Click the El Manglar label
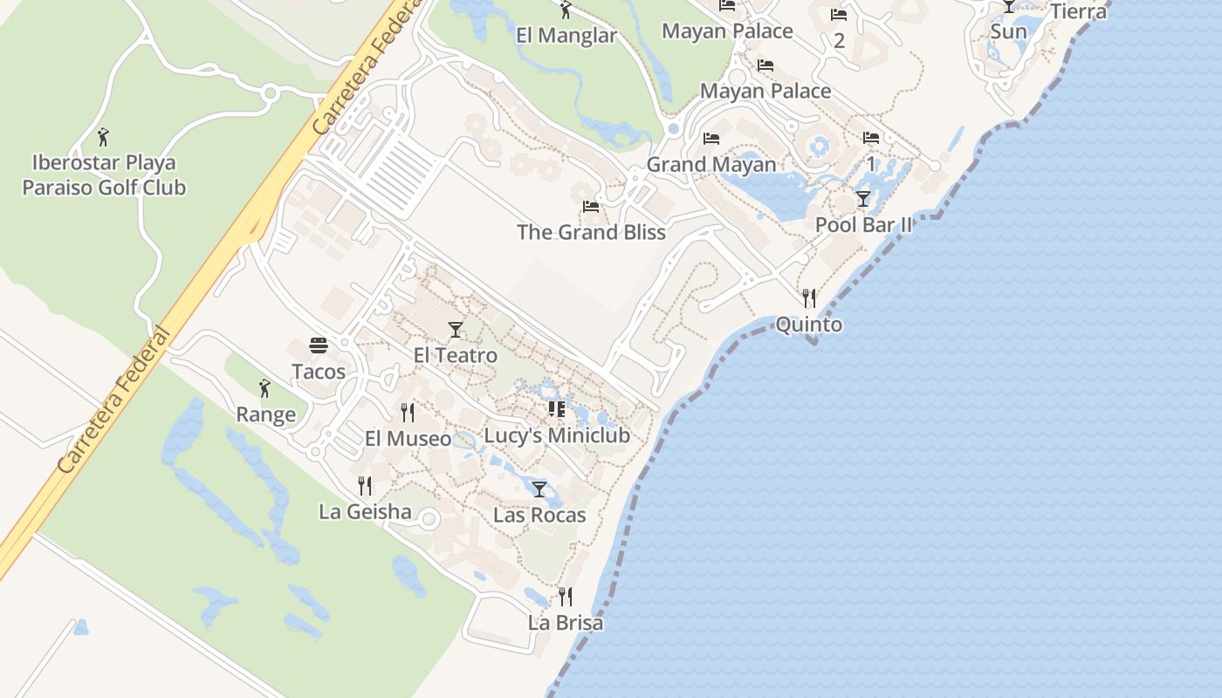click(x=566, y=36)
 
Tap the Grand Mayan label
click(x=711, y=164)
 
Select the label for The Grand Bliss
click(x=591, y=232)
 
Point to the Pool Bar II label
click(x=863, y=225)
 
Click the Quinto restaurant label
click(x=809, y=325)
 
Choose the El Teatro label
click(x=455, y=355)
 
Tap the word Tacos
click(x=319, y=372)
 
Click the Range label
click(x=265, y=414)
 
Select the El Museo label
click(x=408, y=438)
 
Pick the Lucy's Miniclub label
click(x=557, y=435)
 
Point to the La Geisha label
click(x=365, y=511)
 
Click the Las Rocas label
click(x=539, y=515)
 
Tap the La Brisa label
click(x=566, y=623)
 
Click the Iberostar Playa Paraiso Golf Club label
click(x=104, y=174)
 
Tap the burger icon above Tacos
click(x=319, y=346)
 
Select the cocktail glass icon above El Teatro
click(x=455, y=329)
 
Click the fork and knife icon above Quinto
click(x=809, y=298)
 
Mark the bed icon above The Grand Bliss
click(x=591, y=207)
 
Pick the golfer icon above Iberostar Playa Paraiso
click(x=104, y=137)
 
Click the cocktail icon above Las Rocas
click(x=539, y=489)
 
